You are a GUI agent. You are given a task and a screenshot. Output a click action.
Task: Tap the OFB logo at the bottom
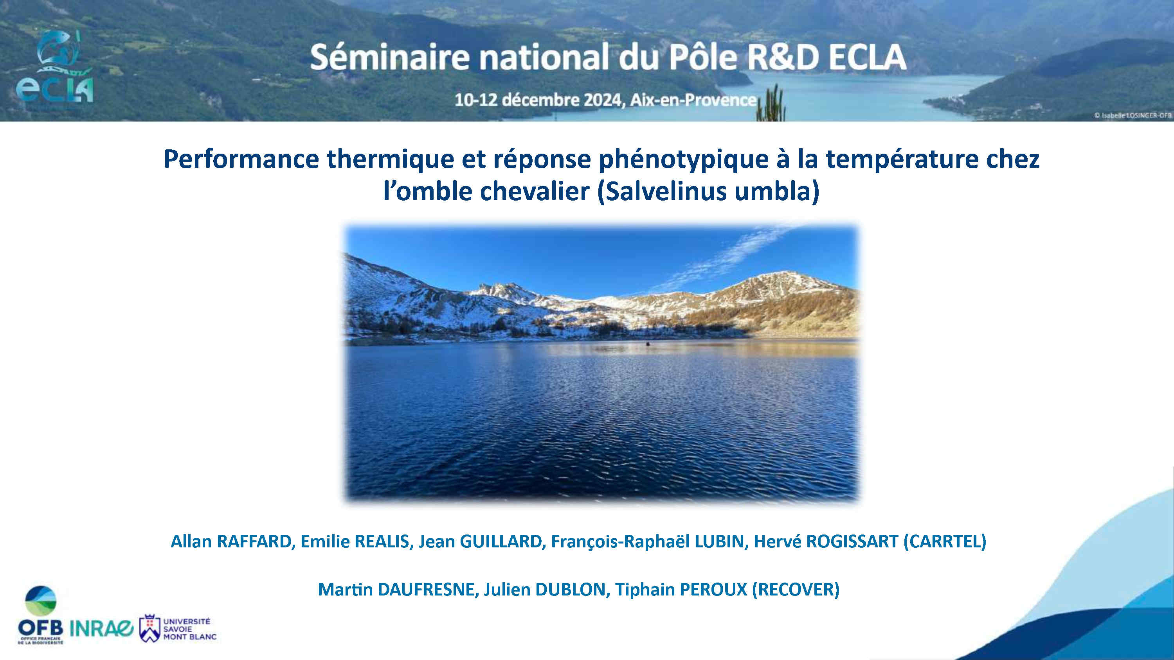coord(41,615)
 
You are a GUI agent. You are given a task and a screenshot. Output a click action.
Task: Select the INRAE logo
coord(101,629)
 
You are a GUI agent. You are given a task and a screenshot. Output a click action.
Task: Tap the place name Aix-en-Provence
coord(693,100)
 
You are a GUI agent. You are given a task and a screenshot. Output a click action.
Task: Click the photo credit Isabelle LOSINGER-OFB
coord(1133,116)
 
